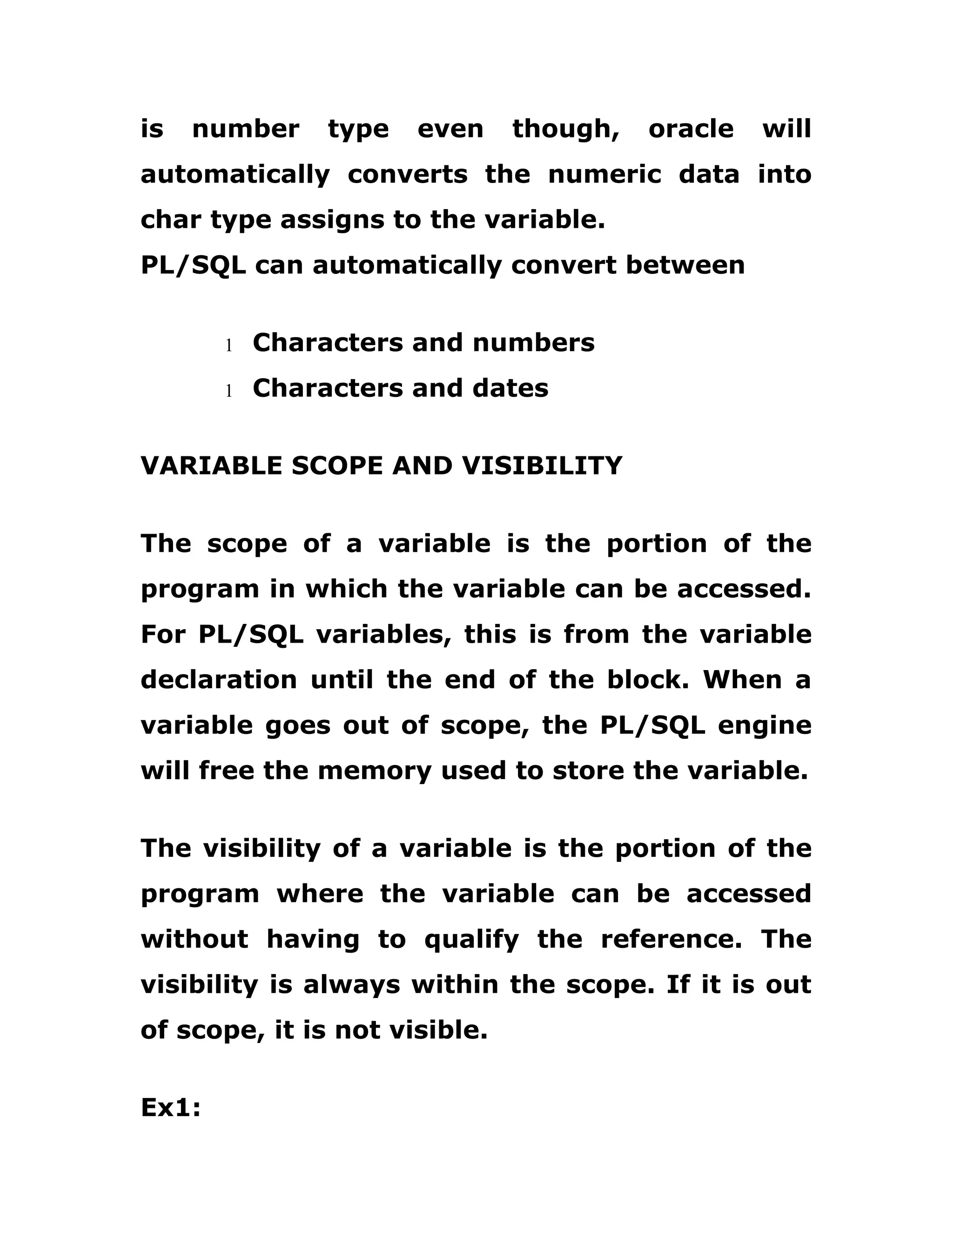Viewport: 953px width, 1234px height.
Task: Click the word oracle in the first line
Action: pos(691,129)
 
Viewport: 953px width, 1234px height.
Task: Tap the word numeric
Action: pos(604,174)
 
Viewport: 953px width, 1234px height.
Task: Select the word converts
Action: pos(407,174)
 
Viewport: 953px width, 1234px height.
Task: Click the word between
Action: pos(685,265)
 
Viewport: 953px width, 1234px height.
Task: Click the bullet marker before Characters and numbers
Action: pos(228,345)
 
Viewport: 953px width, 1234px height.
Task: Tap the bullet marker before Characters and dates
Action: pos(228,390)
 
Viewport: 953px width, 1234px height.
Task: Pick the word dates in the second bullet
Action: pos(510,388)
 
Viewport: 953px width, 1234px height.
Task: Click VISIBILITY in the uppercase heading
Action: pos(542,466)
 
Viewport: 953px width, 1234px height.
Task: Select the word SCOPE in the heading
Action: pos(337,466)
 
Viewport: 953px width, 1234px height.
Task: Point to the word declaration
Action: pos(219,680)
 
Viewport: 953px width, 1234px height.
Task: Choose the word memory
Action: pos(374,771)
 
